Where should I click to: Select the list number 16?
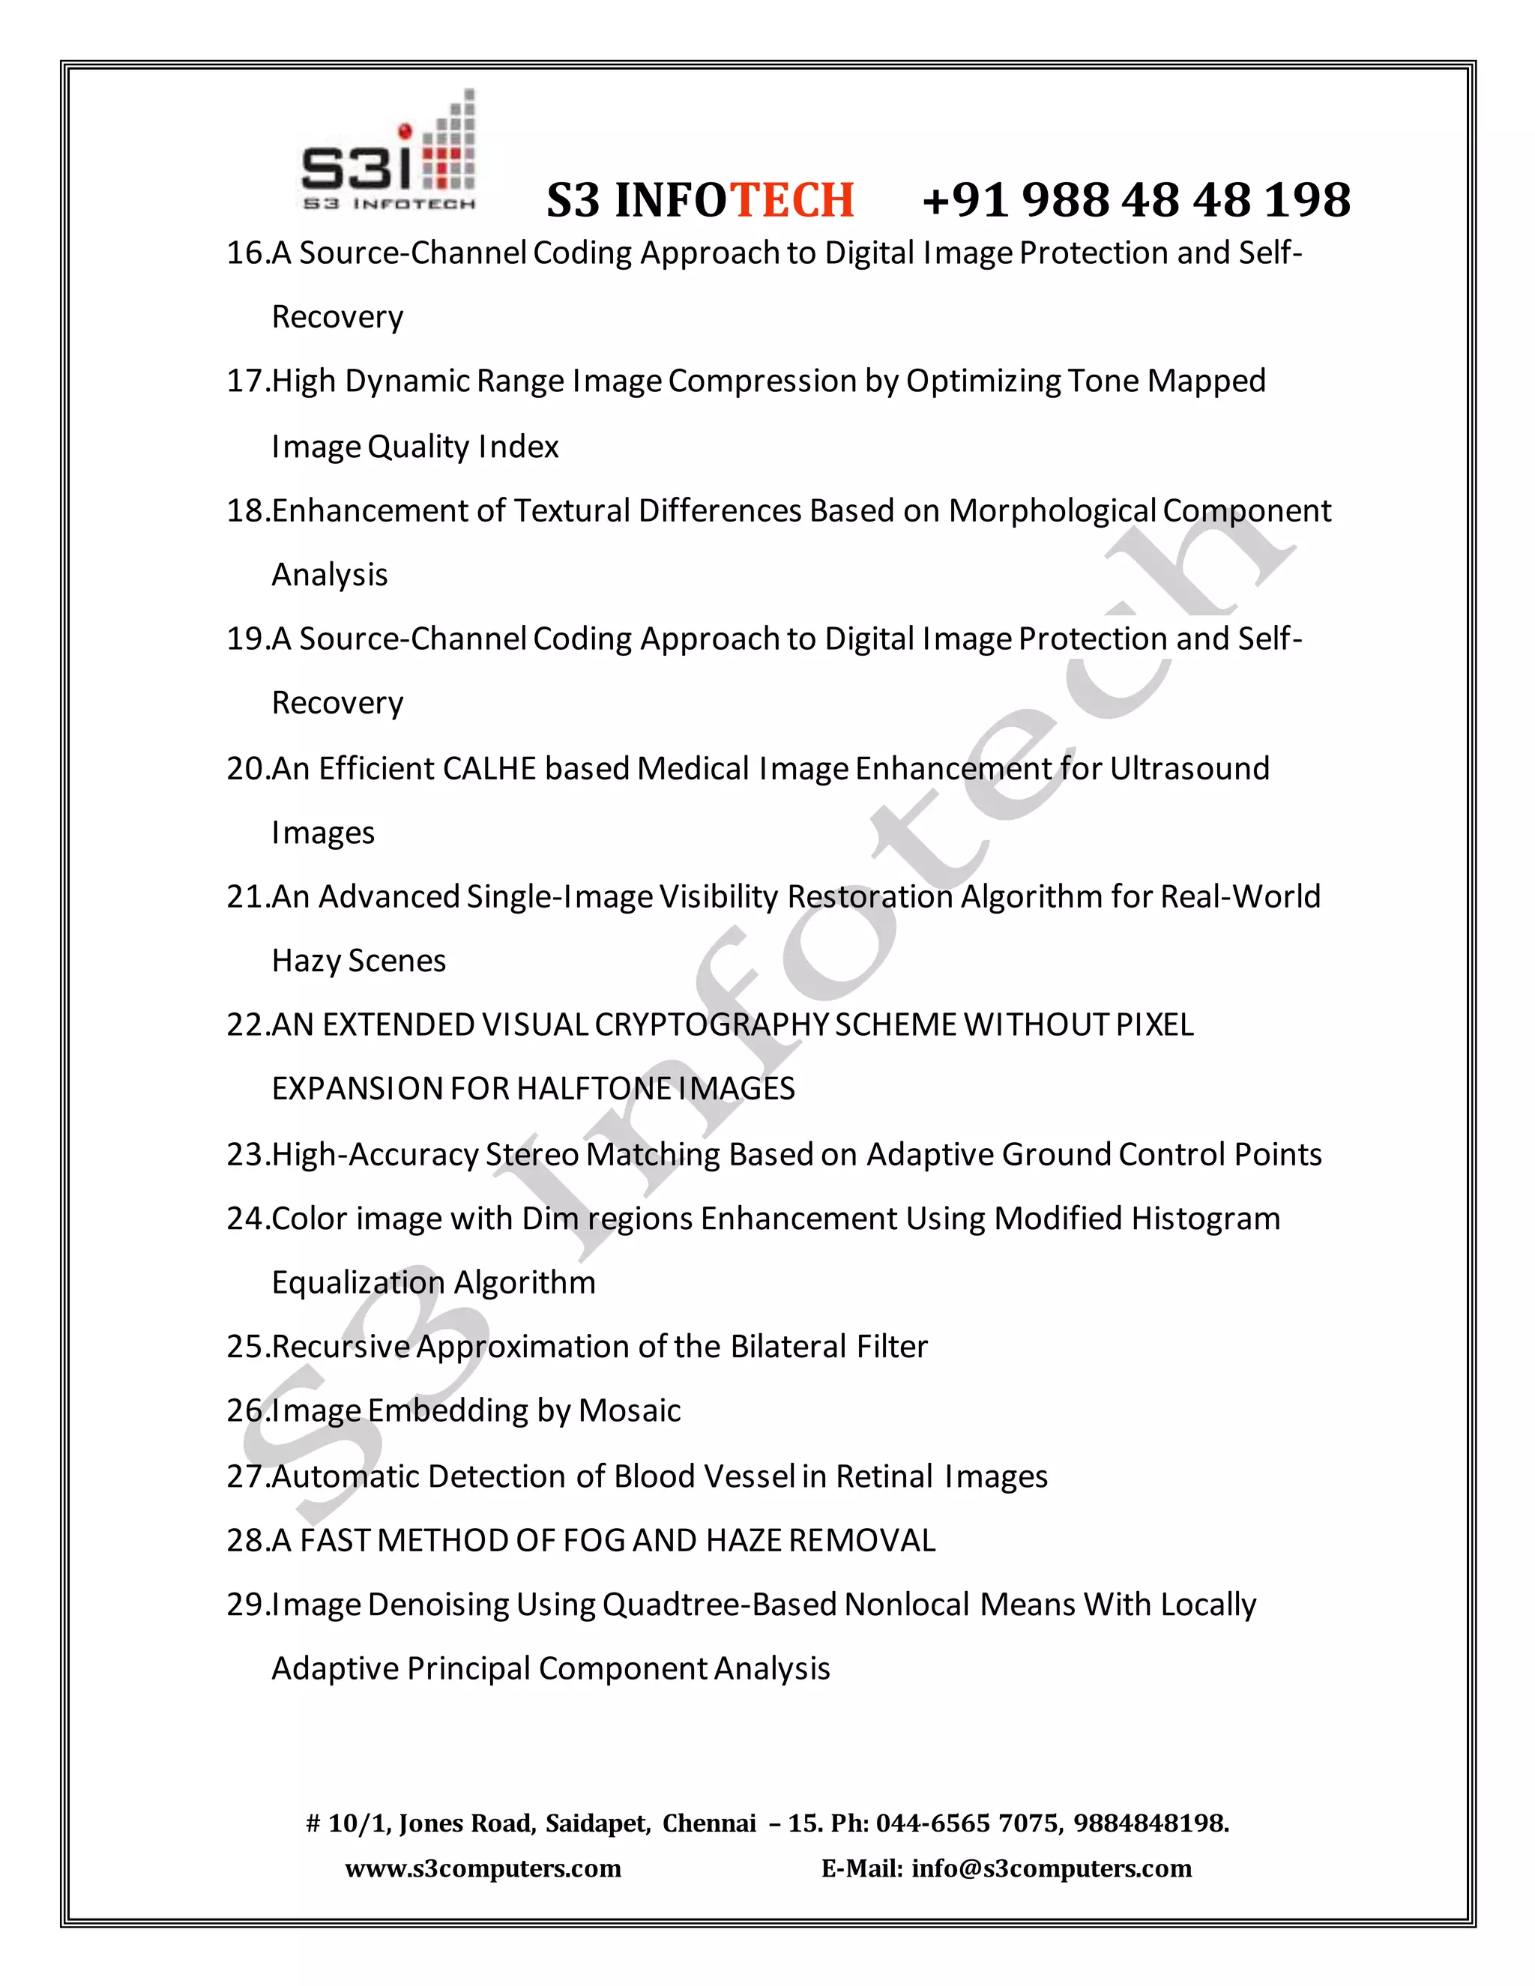246,253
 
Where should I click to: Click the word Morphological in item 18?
1052,511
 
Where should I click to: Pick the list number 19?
246,639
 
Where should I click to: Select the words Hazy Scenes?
358,962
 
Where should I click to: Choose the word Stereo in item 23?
532,1155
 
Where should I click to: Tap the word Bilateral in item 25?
788,1347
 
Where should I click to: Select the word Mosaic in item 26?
630,1411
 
